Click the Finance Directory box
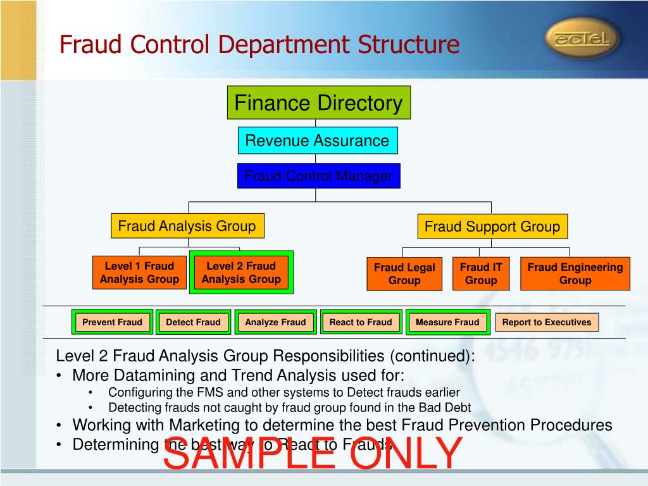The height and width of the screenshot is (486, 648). pyautogui.click(x=319, y=103)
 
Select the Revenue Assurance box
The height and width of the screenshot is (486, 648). pyautogui.click(x=318, y=140)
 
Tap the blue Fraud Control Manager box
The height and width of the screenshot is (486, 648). pyautogui.click(x=319, y=176)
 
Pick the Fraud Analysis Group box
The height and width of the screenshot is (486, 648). pyautogui.click(x=187, y=226)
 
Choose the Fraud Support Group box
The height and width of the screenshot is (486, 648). pyautogui.click(x=492, y=227)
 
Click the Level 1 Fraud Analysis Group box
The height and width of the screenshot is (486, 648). pyautogui.click(x=139, y=273)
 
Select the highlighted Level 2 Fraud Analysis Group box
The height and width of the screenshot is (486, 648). pyautogui.click(x=241, y=273)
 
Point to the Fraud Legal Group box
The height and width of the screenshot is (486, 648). pyautogui.click(x=404, y=274)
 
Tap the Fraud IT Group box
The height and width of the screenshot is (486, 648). pyautogui.click(x=481, y=274)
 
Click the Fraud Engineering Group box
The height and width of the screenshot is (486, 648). pyautogui.click(x=575, y=274)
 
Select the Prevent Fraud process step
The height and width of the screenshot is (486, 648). pyautogui.click(x=113, y=322)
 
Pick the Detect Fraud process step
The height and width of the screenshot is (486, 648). pyautogui.click(x=194, y=322)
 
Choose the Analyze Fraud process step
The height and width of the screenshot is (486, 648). pyautogui.click(x=275, y=322)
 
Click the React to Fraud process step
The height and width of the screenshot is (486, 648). pyautogui.click(x=361, y=322)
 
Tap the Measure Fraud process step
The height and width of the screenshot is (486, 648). pyautogui.click(x=447, y=322)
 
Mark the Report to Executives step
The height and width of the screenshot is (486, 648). pyautogui.click(x=547, y=322)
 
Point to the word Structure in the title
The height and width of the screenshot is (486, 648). pyautogui.click(x=408, y=45)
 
